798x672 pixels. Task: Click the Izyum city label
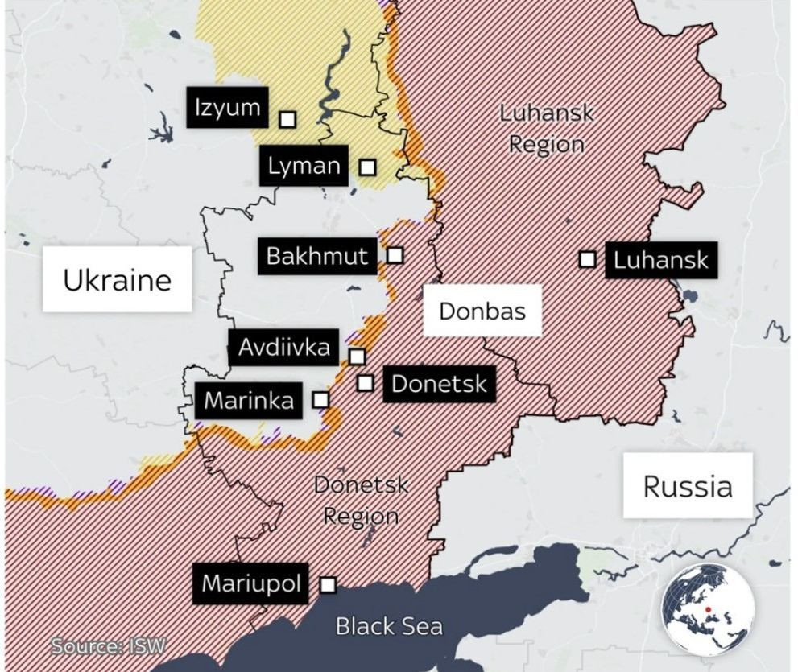click(x=228, y=107)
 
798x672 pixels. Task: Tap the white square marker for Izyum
click(x=287, y=120)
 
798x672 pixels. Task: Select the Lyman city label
click(x=304, y=167)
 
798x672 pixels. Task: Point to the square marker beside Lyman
click(x=367, y=167)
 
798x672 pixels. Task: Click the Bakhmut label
click(x=316, y=256)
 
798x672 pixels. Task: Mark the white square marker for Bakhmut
click(x=395, y=255)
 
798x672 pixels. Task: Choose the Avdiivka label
click(x=283, y=348)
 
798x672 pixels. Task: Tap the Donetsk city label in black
click(x=439, y=384)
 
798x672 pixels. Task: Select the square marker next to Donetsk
click(x=365, y=383)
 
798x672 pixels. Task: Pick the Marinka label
click(x=249, y=400)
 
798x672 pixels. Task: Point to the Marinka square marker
click(x=320, y=399)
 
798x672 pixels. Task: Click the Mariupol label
click(x=251, y=583)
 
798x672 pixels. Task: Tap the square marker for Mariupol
click(x=328, y=585)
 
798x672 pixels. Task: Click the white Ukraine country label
click(x=118, y=279)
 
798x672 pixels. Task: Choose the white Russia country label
click(x=688, y=485)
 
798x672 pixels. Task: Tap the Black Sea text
click(x=389, y=625)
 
